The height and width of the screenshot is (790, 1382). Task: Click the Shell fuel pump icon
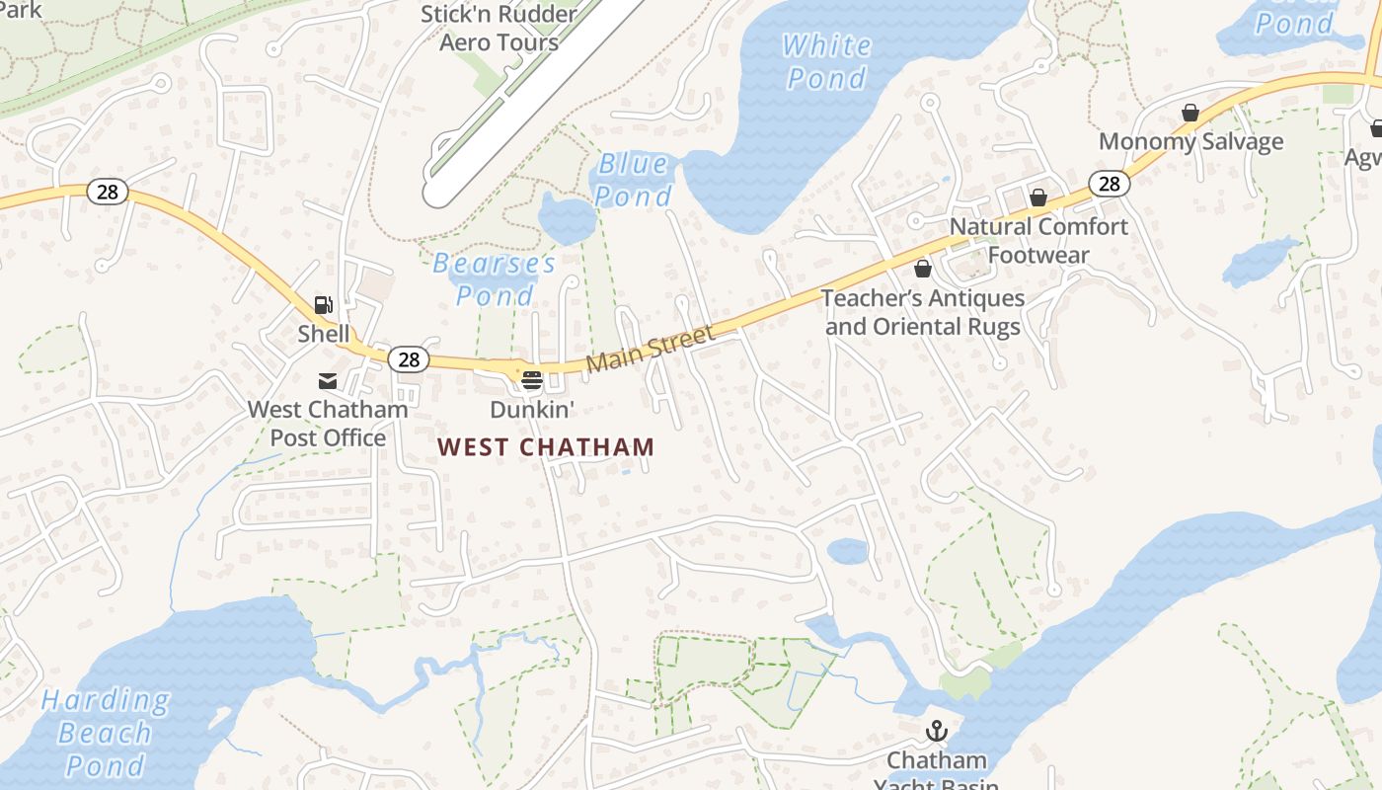[324, 305]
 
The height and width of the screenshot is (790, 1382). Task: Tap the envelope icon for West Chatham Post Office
[327, 381]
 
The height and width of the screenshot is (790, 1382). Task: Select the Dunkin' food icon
[532, 380]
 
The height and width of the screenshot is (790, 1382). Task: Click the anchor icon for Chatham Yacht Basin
[936, 732]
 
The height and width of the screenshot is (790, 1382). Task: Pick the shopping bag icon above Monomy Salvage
[1190, 114]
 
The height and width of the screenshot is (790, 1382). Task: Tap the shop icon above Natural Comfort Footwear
[1037, 198]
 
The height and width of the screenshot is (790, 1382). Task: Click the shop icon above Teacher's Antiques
[922, 269]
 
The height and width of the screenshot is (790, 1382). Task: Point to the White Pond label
[826, 61]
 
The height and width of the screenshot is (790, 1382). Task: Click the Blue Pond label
[633, 180]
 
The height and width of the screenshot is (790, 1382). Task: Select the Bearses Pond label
[495, 279]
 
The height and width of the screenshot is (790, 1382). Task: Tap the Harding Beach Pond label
[105, 733]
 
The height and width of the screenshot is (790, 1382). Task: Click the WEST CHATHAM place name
[546, 447]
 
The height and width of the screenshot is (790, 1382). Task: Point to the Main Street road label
[650, 350]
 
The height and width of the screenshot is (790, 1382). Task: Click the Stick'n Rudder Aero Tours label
[499, 29]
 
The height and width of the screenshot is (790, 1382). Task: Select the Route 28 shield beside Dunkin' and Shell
[409, 359]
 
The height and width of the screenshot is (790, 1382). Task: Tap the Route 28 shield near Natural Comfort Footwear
[1110, 184]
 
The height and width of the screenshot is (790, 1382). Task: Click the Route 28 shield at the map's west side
[107, 192]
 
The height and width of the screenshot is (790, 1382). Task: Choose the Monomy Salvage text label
[1190, 141]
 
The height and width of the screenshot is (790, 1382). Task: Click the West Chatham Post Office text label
[327, 423]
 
